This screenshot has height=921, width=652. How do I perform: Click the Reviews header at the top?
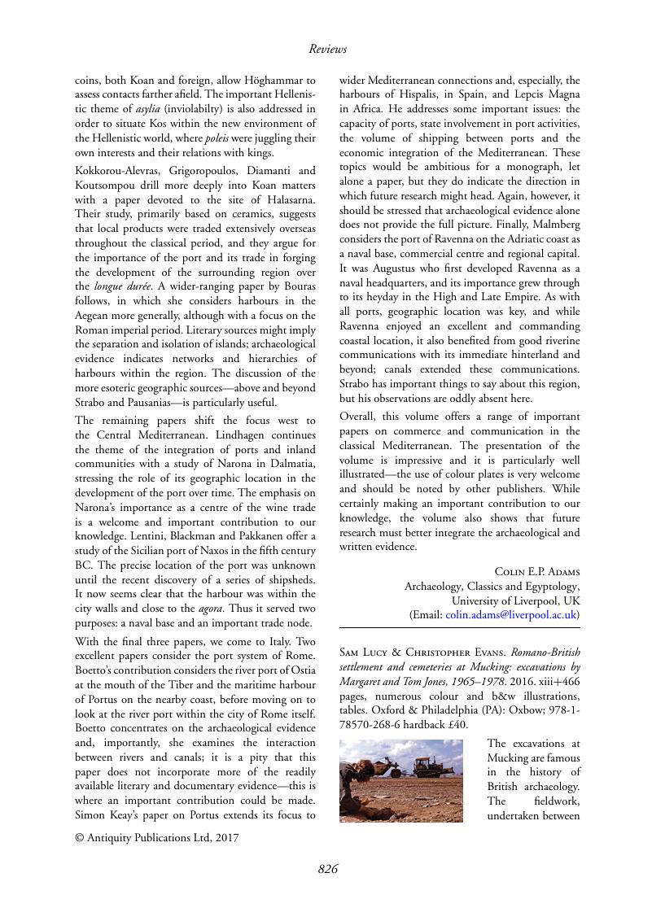pyautogui.click(x=327, y=49)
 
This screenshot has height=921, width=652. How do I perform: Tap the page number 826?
pyautogui.click(x=327, y=870)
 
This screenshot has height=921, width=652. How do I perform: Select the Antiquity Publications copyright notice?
pyautogui.click(x=157, y=837)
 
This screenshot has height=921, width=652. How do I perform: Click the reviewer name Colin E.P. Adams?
pyautogui.click(x=537, y=571)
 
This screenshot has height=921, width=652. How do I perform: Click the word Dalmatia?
pyautogui.click(x=291, y=463)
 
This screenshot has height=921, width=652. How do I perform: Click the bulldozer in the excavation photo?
pyautogui.click(x=431, y=766)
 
